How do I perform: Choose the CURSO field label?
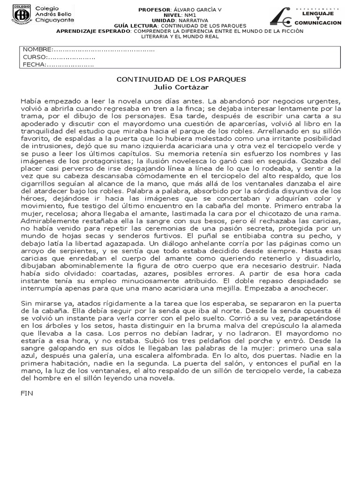point(35,57)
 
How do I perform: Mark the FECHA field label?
point(34,65)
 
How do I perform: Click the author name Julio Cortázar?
point(180,87)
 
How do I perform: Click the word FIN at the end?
point(27,393)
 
